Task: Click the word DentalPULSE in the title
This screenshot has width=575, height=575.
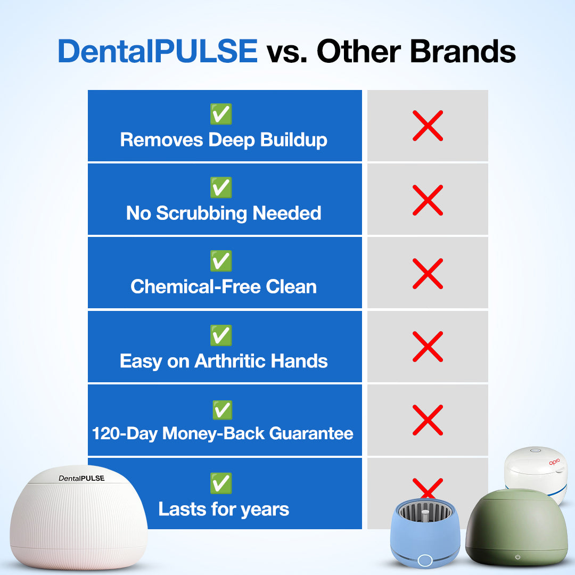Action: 158,52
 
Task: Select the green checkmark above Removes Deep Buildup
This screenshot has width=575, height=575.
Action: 221,114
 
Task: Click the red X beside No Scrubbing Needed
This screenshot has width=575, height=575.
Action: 428,200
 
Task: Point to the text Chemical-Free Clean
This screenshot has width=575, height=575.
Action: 224,286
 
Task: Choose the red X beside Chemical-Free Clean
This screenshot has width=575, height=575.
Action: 428,273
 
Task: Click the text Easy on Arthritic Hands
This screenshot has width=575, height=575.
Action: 224,361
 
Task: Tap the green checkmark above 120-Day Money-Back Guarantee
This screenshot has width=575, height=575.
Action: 222,410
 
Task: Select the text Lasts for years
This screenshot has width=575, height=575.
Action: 224,509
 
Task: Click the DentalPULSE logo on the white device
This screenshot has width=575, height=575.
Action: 81,478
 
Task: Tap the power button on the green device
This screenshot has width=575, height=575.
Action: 517,557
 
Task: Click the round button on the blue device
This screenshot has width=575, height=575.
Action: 424,560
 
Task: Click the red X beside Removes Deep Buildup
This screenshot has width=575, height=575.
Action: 428,126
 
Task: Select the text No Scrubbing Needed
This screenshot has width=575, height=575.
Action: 224,213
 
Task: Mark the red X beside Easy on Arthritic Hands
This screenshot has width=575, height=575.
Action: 428,346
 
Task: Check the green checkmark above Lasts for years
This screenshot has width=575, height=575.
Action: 221,483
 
